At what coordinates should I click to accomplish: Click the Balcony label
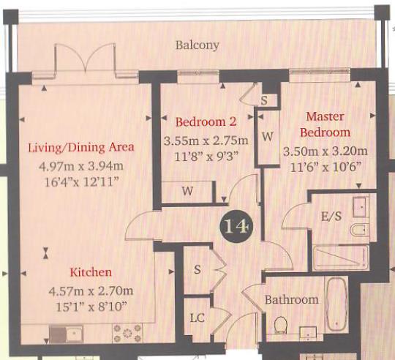point(197,45)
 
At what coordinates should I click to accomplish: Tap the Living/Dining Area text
point(80,147)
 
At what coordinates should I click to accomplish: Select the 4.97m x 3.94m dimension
point(80,166)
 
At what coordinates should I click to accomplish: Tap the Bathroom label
point(291,299)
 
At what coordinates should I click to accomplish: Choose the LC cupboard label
point(197,319)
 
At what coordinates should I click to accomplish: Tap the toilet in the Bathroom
point(279,324)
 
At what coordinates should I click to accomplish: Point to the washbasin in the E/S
point(359,206)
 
